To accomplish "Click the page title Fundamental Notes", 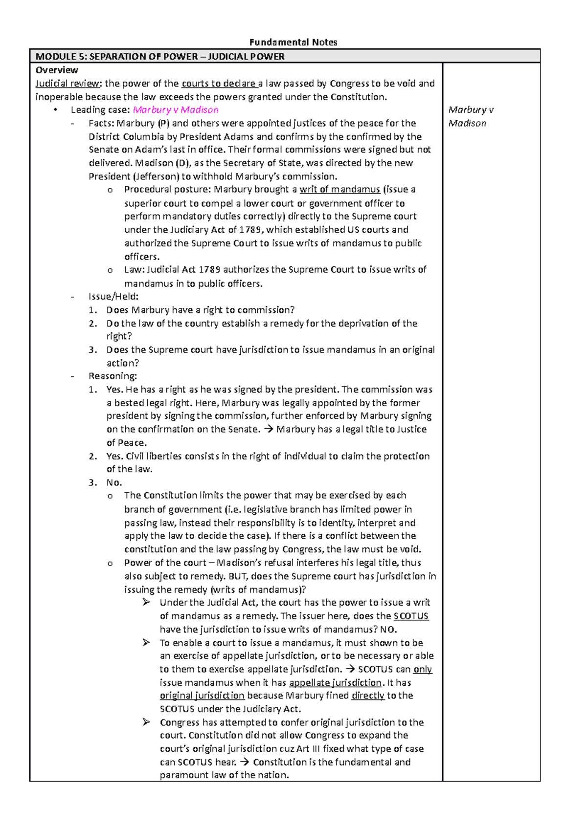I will pyautogui.click(x=293, y=42).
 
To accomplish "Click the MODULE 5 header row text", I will pyautogui.click(x=160, y=56).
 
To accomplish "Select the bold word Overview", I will pyautogui.click(x=57, y=70).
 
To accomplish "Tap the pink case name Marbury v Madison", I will pyautogui.click(x=176, y=110).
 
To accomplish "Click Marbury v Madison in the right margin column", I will pyautogui.click(x=470, y=116).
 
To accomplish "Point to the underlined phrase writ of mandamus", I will pyautogui.click(x=339, y=190).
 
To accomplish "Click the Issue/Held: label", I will pyautogui.click(x=113, y=296).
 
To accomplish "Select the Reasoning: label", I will pyautogui.click(x=113, y=376).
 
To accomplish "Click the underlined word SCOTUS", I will pyautogui.click(x=411, y=616).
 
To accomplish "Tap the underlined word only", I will pyautogui.click(x=423, y=669).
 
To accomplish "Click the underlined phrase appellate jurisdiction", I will pyautogui.click(x=335, y=682).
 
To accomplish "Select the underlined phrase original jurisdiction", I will pyautogui.click(x=202, y=696).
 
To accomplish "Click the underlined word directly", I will pyautogui.click(x=368, y=696).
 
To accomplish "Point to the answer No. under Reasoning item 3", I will pyautogui.click(x=114, y=482).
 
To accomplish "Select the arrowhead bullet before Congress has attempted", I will pyautogui.click(x=146, y=722).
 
